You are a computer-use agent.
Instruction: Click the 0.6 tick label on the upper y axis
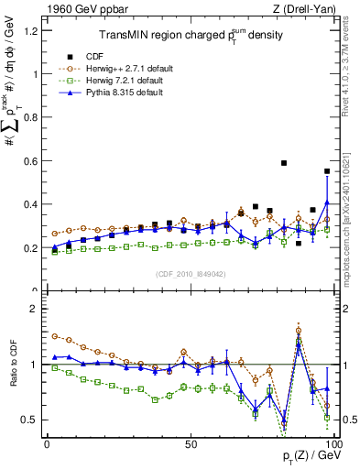pyautogui.click(x=31, y=161)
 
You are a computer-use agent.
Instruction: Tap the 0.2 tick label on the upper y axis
pyautogui.click(x=31, y=248)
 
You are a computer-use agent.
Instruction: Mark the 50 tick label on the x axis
pyautogui.click(x=190, y=442)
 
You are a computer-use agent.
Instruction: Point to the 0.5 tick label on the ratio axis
pyautogui.click(x=31, y=420)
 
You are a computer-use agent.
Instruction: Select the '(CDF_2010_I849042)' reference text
pyautogui.click(x=190, y=273)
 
